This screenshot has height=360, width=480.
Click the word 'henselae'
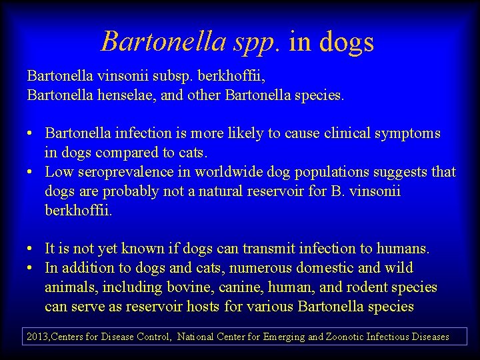click(123, 95)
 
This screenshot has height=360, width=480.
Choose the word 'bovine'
click(204, 287)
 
